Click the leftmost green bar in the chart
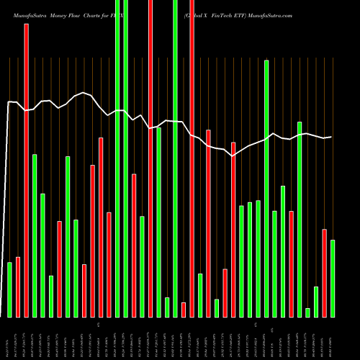(x=9, y=289)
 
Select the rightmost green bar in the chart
(x=333, y=278)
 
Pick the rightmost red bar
(x=324, y=273)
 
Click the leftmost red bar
(x=18, y=287)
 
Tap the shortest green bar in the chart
(x=307, y=312)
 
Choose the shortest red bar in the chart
(x=184, y=310)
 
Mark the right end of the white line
(x=331, y=137)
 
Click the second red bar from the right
(x=291, y=264)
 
